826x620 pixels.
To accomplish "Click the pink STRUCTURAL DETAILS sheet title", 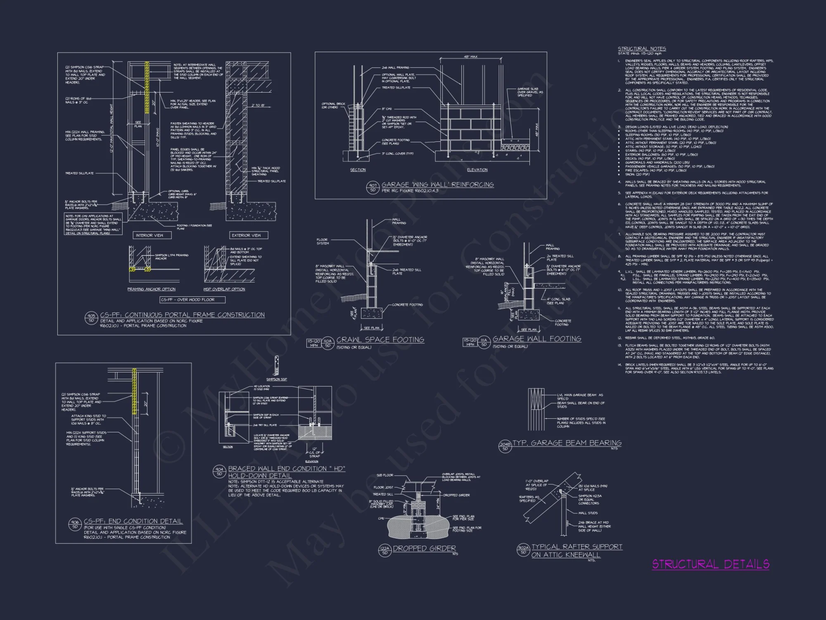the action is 710,564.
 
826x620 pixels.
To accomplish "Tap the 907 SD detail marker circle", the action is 373,188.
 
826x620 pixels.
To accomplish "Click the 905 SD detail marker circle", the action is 91,318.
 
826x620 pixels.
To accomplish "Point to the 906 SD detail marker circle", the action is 75,524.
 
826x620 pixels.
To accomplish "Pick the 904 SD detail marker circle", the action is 219,471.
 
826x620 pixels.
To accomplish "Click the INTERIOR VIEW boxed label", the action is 150,235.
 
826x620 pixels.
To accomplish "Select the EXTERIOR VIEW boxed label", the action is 246,235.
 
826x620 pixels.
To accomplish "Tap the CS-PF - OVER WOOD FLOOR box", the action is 188,300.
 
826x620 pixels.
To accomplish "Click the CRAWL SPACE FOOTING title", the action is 380,340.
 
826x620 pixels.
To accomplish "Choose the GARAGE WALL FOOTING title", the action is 536,339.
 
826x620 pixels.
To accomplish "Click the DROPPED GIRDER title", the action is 424,548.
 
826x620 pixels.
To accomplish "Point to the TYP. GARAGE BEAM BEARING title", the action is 567,443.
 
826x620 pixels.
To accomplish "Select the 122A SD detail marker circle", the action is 385,550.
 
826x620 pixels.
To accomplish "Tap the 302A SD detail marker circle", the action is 523,550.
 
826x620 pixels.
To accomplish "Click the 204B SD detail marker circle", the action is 505,446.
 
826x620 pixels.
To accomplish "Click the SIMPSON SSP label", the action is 276,379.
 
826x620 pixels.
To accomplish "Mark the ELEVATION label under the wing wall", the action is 477,170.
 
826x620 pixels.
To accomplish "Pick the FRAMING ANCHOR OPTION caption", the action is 151,289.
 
